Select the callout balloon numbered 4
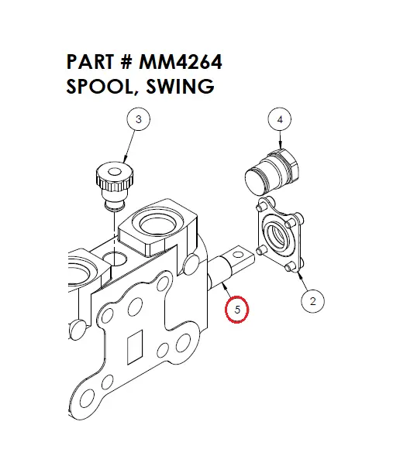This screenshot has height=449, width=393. pos(280,119)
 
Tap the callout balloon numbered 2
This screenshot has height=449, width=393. pos(312,301)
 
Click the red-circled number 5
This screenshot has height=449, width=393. pos(238,310)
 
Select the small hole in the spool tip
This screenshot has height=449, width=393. pos(243,251)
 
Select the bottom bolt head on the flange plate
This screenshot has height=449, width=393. pos(289,267)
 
